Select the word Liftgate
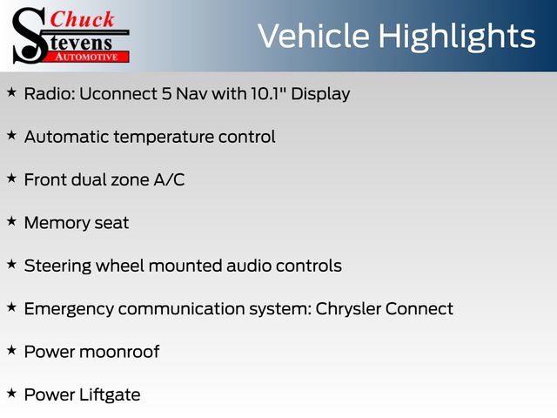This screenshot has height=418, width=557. click(107, 394)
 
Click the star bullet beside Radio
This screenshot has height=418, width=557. click(11, 91)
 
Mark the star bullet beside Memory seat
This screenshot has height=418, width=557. click(11, 221)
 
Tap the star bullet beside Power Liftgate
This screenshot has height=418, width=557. click(11, 394)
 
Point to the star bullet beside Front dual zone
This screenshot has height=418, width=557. click(11, 178)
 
